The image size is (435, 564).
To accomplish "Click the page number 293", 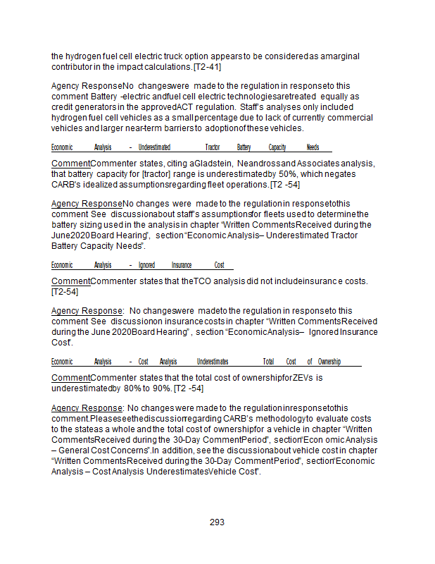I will tap(217, 522).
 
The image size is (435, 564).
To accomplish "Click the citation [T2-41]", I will tap(208, 66).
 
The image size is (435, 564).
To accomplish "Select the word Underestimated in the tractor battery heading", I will tap(154, 148).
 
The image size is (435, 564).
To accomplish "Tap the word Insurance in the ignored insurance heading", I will tap(182, 265).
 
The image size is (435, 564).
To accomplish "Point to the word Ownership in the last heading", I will tap(329, 362).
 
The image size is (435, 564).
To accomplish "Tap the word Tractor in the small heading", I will tap(213, 148).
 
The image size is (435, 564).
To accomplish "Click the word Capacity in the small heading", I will tap(277, 148).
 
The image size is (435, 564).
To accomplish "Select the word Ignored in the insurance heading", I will tap(146, 265).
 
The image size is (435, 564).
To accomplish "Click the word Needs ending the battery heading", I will tap(313, 148).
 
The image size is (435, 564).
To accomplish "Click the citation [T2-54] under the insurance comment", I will tap(65, 291).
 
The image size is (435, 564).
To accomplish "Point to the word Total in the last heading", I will tap(268, 362).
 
